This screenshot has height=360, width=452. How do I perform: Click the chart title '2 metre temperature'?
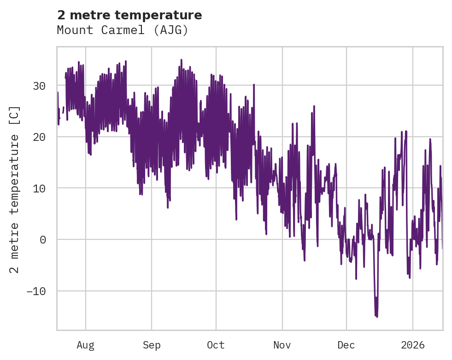(129, 15)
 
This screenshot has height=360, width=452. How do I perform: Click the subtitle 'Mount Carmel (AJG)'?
(123, 30)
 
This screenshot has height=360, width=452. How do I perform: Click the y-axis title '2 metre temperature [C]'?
(15, 189)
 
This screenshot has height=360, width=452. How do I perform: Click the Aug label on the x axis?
(85, 345)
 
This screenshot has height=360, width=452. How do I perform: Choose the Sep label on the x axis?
(152, 345)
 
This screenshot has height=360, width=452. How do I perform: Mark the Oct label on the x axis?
(216, 345)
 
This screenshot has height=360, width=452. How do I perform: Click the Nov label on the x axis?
(282, 345)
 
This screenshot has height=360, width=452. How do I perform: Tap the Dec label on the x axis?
(346, 345)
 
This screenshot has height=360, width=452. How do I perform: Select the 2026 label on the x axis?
(413, 345)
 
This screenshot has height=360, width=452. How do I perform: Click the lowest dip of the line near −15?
(376, 316)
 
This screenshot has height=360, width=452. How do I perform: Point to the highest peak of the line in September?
(181, 60)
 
